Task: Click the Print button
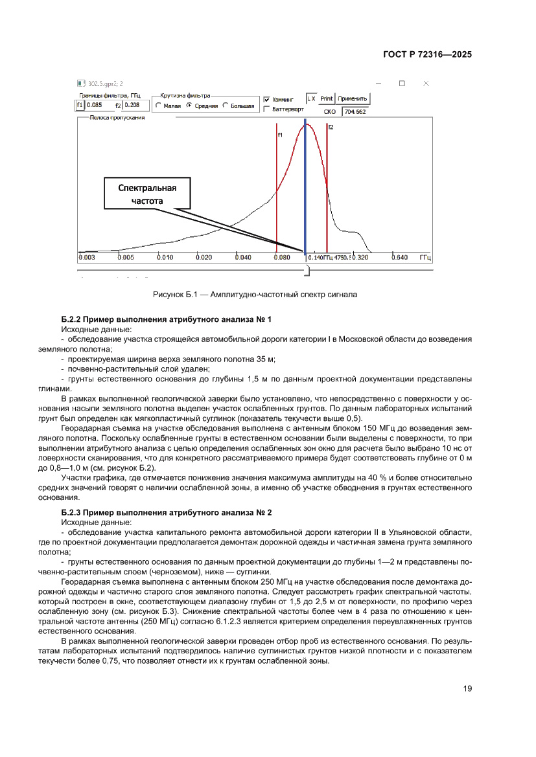(x=327, y=99)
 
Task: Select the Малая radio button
(x=159, y=106)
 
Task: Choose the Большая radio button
(x=226, y=106)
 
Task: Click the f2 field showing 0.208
(x=135, y=104)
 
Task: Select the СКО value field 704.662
(x=355, y=111)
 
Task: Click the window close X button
(x=426, y=84)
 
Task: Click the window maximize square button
(x=402, y=84)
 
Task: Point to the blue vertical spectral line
(x=305, y=188)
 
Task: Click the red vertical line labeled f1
(x=277, y=194)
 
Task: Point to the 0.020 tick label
(x=204, y=258)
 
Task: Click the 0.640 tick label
(x=399, y=258)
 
